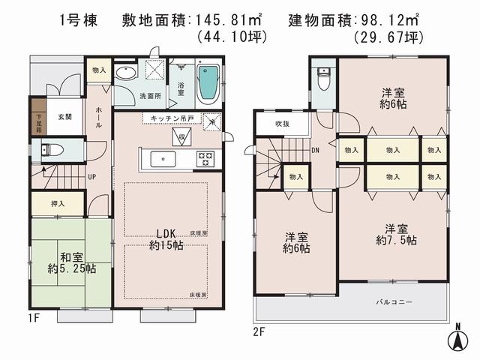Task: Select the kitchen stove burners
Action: pyautogui.click(x=205, y=158)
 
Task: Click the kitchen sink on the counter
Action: pyautogui.click(x=163, y=158)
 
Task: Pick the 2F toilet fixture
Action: pyautogui.click(x=322, y=78)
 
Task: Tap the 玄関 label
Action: pyautogui.click(x=64, y=118)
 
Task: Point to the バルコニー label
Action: pyautogui.click(x=394, y=301)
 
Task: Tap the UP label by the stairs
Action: pyautogui.click(x=91, y=177)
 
